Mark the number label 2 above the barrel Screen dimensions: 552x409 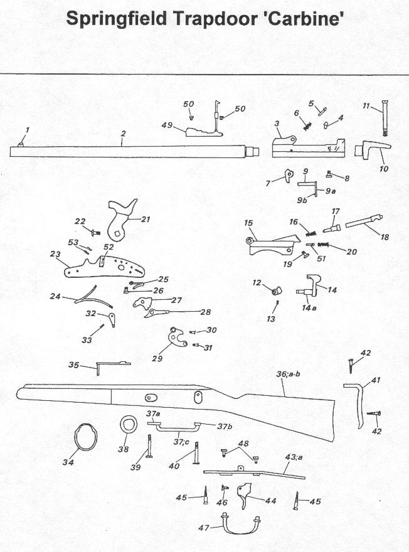(x=124, y=134)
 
